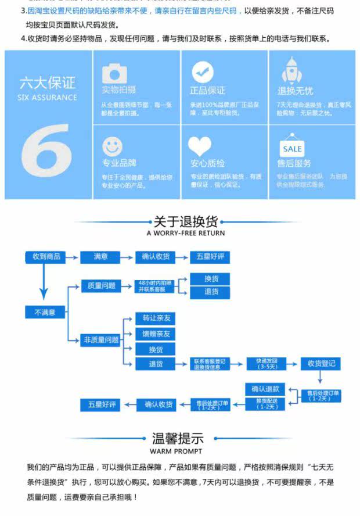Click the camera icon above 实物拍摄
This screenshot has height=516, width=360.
[x=114, y=73]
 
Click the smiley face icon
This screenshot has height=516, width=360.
[x=113, y=146]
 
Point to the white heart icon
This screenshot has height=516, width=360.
[x=200, y=146]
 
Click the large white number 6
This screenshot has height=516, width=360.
[x=47, y=155]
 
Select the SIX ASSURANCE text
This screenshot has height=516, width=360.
[x=48, y=98]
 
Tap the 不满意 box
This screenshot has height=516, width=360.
[x=45, y=312]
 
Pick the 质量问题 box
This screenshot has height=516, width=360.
[x=101, y=286]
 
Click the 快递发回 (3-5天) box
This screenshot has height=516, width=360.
[x=267, y=364]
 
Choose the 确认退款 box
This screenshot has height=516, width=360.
[x=265, y=389]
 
